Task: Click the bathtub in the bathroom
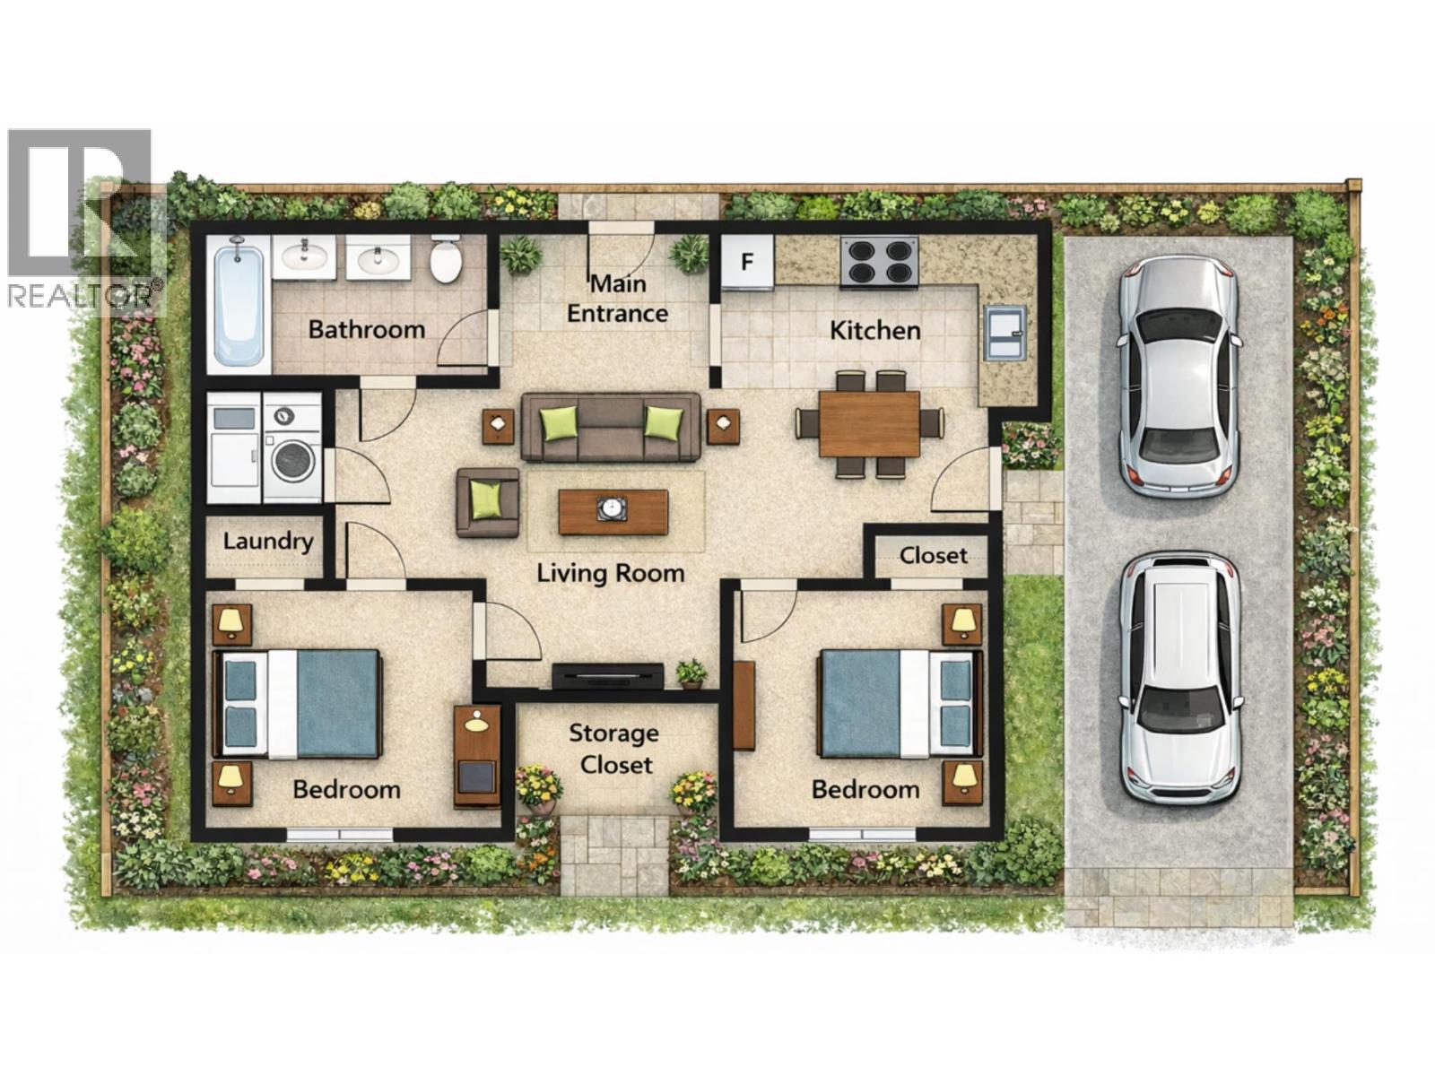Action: coord(239,305)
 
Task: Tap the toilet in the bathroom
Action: coord(446,260)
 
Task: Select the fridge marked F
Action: coord(748,263)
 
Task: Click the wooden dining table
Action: coord(869,423)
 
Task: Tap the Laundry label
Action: coord(267,541)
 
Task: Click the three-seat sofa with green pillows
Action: coord(610,427)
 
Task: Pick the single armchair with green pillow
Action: coord(487,502)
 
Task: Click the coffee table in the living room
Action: coord(613,511)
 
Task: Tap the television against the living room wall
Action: coord(607,675)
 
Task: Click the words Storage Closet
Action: coord(614,749)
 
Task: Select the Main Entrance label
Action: coord(617,299)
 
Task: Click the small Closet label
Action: coord(933,555)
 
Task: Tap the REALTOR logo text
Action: coord(86,295)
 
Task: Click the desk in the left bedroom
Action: coord(477,755)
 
